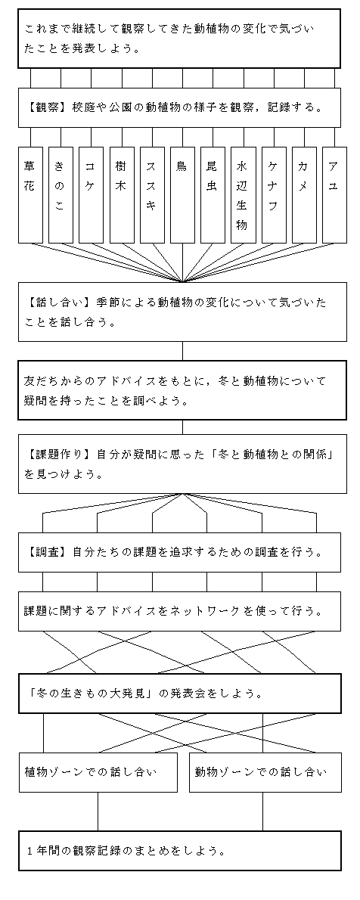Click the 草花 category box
[x=30, y=195]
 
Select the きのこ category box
[x=61, y=195]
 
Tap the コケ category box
[x=92, y=195]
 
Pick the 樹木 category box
[x=122, y=195]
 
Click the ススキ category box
[x=152, y=195]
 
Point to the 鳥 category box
[x=182, y=195]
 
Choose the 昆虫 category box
[x=213, y=195]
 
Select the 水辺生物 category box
[x=244, y=195]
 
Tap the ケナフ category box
[x=274, y=195]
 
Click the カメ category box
[x=304, y=195]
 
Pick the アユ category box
[x=335, y=195]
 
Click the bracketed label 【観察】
[x=45, y=107]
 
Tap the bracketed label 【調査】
[x=45, y=552]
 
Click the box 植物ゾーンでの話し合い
[x=98, y=772]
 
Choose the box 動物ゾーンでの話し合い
[x=265, y=772]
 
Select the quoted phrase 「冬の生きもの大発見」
[x=89, y=694]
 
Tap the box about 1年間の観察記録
[x=180, y=851]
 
